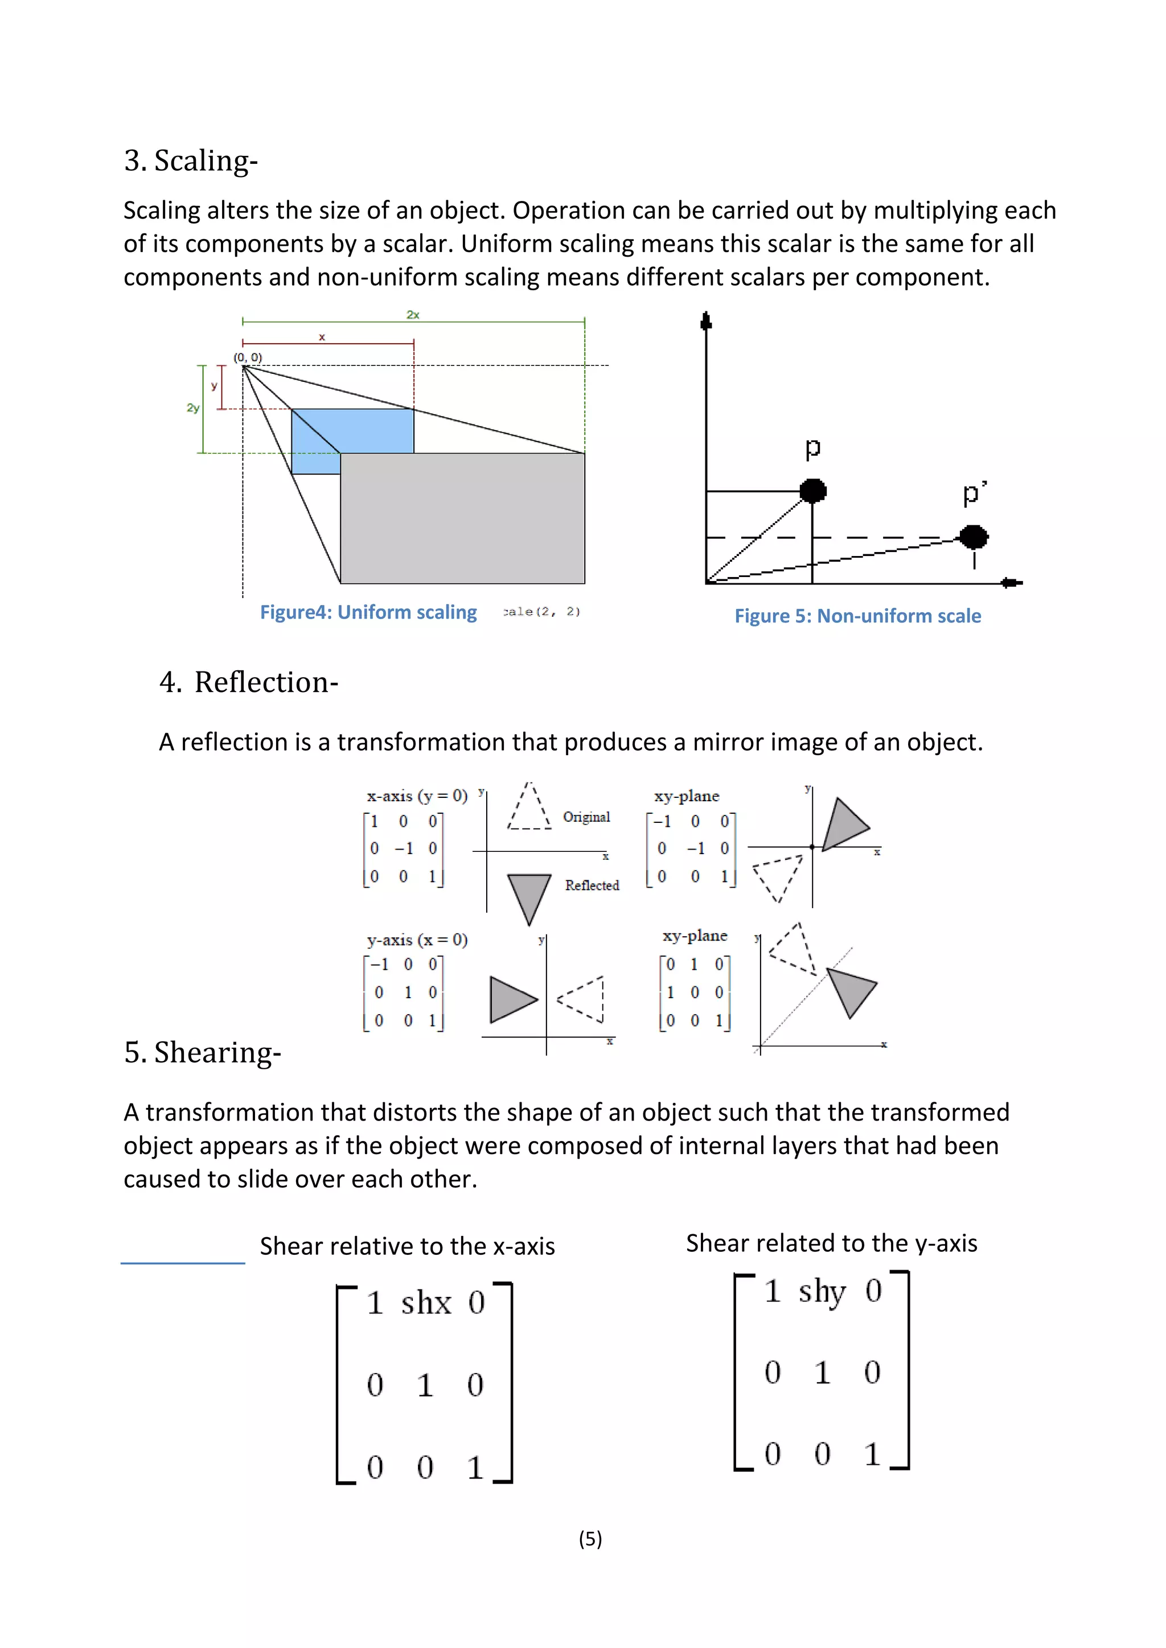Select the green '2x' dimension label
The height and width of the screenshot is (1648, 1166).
[x=413, y=314]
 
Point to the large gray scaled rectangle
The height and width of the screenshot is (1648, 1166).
[x=462, y=518]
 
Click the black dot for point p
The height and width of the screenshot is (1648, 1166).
[x=813, y=491]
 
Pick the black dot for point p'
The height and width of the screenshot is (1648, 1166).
[x=974, y=537]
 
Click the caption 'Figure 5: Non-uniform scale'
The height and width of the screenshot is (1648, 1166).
[x=857, y=616]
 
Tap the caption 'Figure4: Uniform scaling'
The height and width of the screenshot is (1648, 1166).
[x=368, y=612]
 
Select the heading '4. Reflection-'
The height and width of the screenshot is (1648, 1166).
[x=248, y=682]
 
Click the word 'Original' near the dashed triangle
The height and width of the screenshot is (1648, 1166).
[x=586, y=817]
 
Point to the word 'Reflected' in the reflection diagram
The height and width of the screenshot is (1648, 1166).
[x=592, y=885]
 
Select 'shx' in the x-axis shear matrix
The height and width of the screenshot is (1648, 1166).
[x=426, y=1303]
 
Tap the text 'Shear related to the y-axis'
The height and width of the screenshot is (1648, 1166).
[x=831, y=1243]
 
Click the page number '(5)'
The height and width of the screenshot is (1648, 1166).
[x=590, y=1538]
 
